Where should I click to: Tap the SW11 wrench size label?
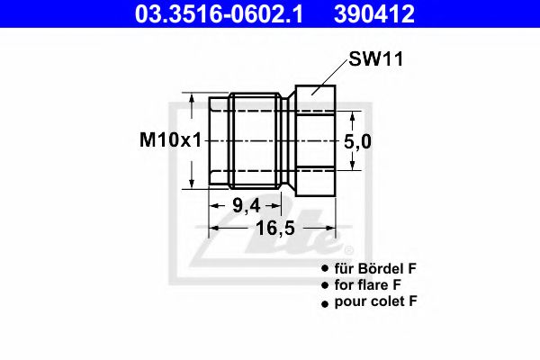[374, 60]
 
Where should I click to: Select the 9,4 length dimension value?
[245, 205]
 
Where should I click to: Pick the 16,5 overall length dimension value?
[272, 229]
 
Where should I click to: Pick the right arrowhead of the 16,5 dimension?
[332, 229]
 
